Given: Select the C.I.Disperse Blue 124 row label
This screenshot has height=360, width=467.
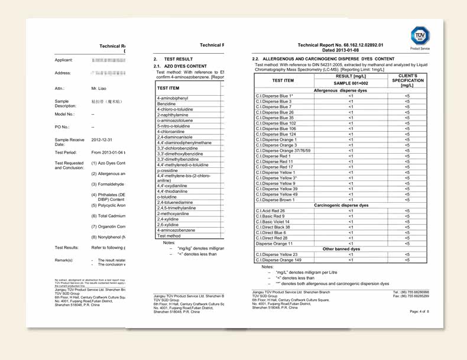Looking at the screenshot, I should tap(275, 134).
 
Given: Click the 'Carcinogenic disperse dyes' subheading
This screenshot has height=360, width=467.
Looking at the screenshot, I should tap(340, 205).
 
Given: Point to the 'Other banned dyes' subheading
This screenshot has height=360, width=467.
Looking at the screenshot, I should tap(340, 249).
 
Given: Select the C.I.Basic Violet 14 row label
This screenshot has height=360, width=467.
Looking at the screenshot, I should tap(273, 222).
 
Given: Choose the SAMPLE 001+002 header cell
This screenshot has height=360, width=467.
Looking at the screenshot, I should tap(351, 83).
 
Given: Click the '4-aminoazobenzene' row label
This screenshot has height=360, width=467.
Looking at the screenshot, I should tap(176, 230).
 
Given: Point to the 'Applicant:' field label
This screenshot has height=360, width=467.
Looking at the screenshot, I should tap(63, 60).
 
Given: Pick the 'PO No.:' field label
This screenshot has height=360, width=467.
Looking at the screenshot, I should tap(62, 127).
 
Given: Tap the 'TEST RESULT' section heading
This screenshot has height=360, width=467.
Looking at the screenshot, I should tap(178, 59).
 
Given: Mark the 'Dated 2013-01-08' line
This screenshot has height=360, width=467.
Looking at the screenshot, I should tap(340, 50).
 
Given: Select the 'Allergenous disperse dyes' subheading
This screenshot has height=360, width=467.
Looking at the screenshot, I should tap(340, 90).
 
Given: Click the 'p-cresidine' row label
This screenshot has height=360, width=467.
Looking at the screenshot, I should tap(168, 170).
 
